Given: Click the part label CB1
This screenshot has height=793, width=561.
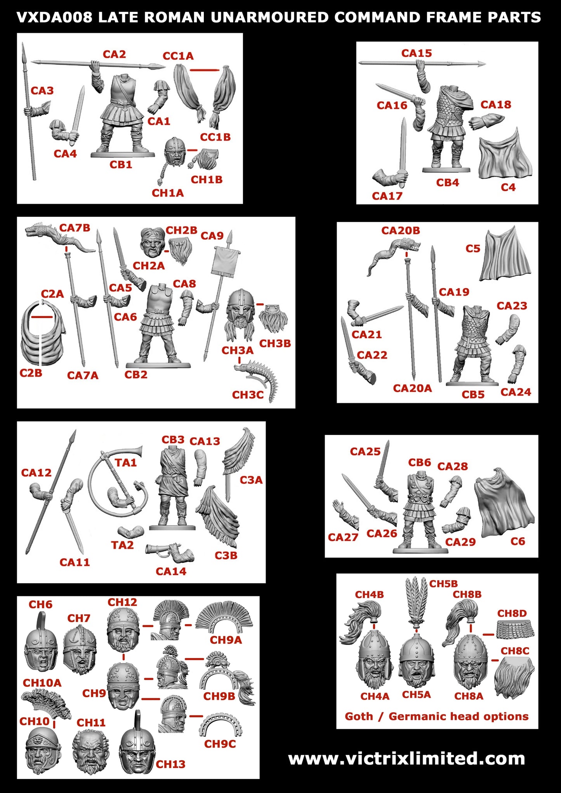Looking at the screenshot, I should tap(121, 164).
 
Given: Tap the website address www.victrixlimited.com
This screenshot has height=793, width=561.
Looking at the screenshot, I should tap(406, 758).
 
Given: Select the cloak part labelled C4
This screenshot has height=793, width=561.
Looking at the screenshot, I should tap(505, 155).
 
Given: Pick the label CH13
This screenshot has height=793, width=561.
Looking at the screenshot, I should tap(170, 764).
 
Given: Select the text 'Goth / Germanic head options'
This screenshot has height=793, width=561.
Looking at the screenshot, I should tap(436, 716).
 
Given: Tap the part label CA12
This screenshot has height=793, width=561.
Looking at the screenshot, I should tap(36, 473).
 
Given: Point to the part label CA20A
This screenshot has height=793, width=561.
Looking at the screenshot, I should tap(412, 388).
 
